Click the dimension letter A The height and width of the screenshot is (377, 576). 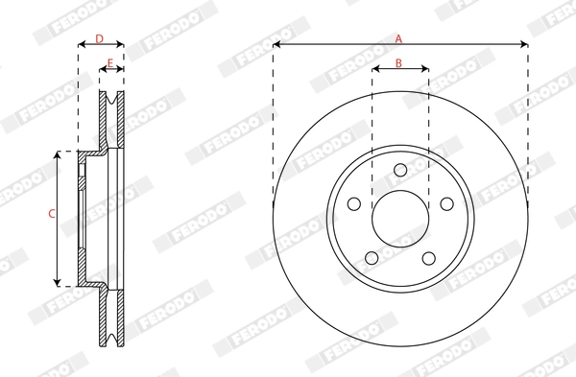(399, 37)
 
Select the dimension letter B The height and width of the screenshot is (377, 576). (399, 63)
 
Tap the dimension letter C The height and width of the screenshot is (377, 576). (51, 216)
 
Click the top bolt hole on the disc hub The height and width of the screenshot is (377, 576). (400, 172)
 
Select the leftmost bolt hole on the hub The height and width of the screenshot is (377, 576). (353, 204)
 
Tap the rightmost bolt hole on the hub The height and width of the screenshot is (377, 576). (446, 204)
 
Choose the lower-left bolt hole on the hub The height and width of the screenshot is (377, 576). (372, 257)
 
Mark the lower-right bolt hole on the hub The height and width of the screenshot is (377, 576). (428, 257)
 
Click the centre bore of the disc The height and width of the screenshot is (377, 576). (400, 219)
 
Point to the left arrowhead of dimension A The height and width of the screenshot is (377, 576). (276, 44)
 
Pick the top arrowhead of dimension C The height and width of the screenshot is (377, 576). (60, 153)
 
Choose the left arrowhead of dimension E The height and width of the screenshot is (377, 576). (103, 71)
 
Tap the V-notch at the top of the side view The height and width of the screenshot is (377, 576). (113, 97)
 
